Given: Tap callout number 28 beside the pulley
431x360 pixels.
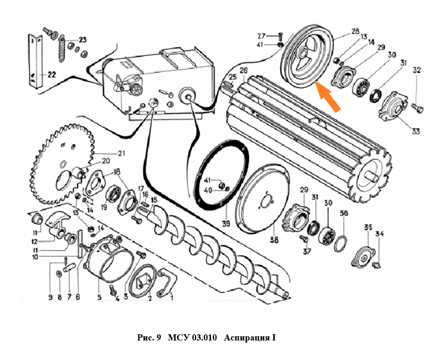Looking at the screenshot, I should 355,31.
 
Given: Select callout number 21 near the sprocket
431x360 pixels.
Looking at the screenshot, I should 121,153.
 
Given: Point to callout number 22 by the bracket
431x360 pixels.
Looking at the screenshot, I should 51,74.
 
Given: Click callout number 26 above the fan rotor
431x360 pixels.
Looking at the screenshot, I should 243,70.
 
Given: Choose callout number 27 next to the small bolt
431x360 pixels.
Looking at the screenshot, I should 262,36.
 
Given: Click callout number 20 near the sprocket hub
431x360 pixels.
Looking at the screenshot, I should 106,160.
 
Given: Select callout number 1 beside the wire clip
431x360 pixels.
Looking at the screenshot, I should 171,297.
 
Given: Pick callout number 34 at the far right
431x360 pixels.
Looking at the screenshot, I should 380,234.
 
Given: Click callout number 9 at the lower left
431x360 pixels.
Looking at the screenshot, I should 51,297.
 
